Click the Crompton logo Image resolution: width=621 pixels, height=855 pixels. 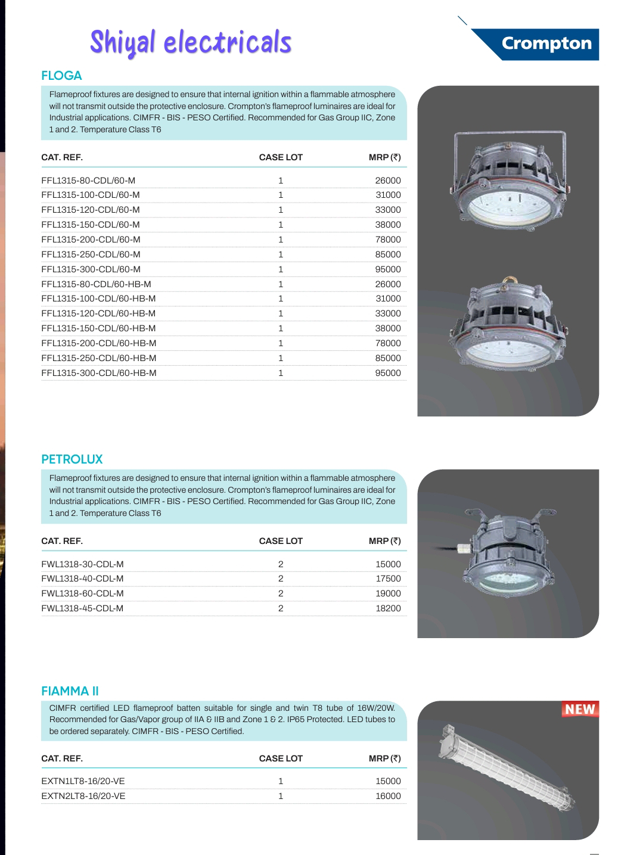546,43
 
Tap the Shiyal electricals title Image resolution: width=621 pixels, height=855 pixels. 191,42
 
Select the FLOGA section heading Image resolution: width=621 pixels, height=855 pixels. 61,76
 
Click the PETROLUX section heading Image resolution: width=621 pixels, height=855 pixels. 72,459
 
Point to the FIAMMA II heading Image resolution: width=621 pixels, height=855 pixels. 70,691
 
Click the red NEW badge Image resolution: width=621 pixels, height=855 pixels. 580,709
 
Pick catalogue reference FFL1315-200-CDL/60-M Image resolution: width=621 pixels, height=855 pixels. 91,240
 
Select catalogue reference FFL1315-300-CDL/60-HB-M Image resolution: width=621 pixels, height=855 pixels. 99,373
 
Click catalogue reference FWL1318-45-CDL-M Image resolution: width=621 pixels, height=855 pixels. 82,608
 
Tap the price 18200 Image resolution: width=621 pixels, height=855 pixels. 388,608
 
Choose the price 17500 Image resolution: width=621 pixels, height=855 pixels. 388,579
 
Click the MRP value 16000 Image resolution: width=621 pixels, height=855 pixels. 388,796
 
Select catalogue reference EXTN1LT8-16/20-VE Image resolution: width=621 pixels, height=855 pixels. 83,781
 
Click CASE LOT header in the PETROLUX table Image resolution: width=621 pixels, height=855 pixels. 281,541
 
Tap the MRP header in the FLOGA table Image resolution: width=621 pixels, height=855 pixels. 384,157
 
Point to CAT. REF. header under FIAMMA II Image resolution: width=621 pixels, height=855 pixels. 62,758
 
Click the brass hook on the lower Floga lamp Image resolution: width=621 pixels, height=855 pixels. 509,279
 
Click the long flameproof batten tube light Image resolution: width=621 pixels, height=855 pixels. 507,768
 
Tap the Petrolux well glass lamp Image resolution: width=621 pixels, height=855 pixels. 507,554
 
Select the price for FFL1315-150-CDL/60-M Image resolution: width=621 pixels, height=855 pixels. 388,225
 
